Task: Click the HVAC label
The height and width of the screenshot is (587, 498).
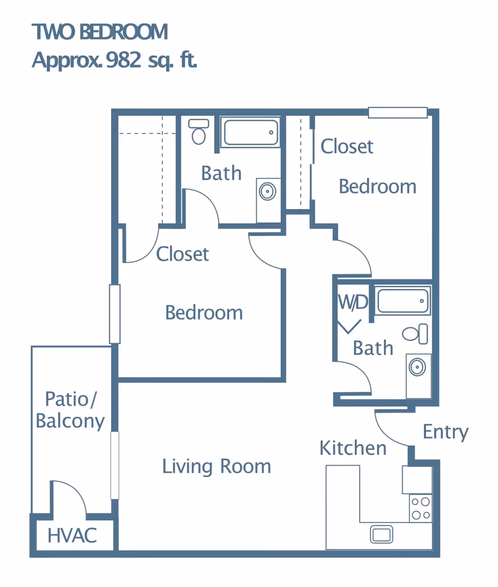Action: (x=72, y=535)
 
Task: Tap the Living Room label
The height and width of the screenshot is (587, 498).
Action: (x=217, y=467)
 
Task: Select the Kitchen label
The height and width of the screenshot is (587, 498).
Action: (x=353, y=448)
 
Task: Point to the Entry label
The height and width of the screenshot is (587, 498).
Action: (x=445, y=432)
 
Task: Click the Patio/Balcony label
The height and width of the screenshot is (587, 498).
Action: (x=71, y=411)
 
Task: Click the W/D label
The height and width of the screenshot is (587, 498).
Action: (x=353, y=302)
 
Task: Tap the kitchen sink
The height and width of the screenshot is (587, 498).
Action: (x=381, y=534)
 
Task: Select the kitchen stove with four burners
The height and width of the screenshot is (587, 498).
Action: (x=421, y=508)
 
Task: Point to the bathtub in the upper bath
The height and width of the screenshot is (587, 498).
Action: (x=251, y=132)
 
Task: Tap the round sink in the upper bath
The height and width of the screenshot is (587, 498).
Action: (x=268, y=192)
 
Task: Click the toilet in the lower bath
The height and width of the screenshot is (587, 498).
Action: (x=416, y=334)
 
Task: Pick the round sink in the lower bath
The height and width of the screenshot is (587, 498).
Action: (x=417, y=367)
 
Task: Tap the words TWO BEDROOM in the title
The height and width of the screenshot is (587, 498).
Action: (x=100, y=32)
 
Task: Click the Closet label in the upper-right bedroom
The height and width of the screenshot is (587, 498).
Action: (x=347, y=146)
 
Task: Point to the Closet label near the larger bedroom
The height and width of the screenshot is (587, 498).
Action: (x=182, y=254)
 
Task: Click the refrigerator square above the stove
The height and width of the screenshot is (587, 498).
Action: (x=417, y=480)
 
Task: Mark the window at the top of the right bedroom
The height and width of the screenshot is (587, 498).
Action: (x=398, y=113)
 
